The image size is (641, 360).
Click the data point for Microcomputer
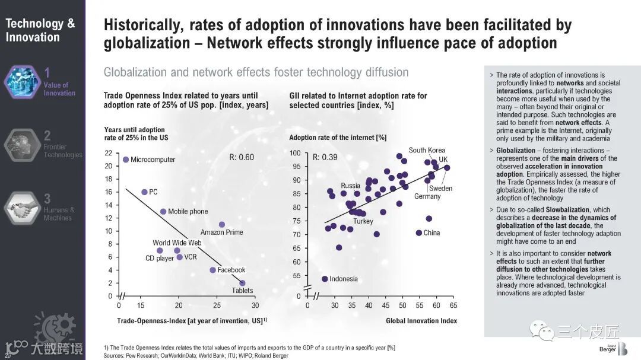click(126, 160)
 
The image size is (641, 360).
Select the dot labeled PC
click(144, 192)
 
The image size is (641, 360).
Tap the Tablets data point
click(242, 283)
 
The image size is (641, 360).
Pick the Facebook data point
click(212, 270)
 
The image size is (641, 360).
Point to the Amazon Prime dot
click(222, 225)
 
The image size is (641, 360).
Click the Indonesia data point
click(325, 279)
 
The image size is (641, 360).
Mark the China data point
click(419, 232)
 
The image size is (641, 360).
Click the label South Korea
click(426, 150)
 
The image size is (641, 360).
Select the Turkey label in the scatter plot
click(363, 221)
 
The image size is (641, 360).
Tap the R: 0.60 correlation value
click(242, 157)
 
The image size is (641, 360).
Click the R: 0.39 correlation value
click(325, 157)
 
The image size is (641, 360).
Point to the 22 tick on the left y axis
click(108, 153)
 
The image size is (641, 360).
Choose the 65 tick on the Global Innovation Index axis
click(453, 305)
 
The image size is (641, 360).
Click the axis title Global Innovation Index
click(421, 321)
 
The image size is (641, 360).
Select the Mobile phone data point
click(163, 212)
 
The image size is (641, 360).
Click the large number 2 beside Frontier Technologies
click(47, 137)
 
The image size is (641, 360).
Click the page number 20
click(7, 355)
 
